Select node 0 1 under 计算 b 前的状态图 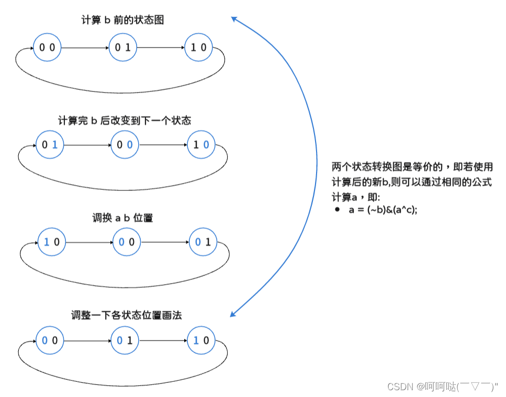pyautogui.click(x=122, y=48)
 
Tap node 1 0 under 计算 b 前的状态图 pyautogui.click(x=198, y=48)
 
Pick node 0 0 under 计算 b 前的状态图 pyautogui.click(x=47, y=48)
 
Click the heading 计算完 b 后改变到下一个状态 pyautogui.click(x=125, y=121)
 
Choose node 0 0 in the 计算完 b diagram pyautogui.click(x=125, y=145)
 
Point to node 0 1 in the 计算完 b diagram pyautogui.click(x=49, y=145)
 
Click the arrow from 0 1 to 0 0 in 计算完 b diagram pyautogui.click(x=87, y=145)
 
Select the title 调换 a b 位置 pyautogui.click(x=122, y=218)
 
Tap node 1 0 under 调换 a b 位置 pyautogui.click(x=51, y=242)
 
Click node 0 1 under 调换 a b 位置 pyautogui.click(x=203, y=242)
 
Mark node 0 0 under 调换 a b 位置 pyautogui.click(x=127, y=242)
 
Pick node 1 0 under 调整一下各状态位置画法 pyautogui.click(x=201, y=341)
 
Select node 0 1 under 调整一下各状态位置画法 pyautogui.click(x=125, y=341)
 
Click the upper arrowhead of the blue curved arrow pyautogui.click(x=234, y=19)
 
